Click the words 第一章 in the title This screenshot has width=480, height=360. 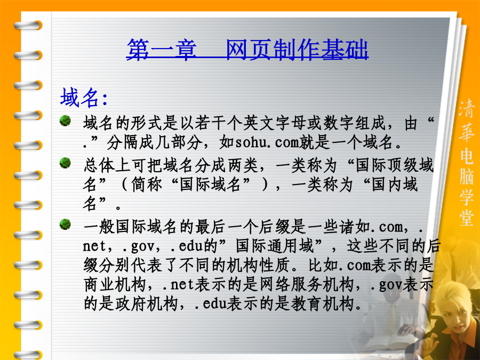click(x=161, y=50)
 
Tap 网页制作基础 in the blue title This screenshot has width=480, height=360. click(x=297, y=50)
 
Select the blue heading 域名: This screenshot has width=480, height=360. click(x=84, y=98)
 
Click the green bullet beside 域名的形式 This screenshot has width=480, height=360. click(x=65, y=121)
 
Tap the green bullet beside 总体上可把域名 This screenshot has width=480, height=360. click(x=65, y=163)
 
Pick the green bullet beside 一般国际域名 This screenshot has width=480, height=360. click(x=65, y=225)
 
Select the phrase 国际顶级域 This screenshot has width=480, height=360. click(x=395, y=165)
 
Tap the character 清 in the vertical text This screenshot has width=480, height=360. click(x=467, y=108)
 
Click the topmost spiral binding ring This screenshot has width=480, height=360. click(x=28, y=25)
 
